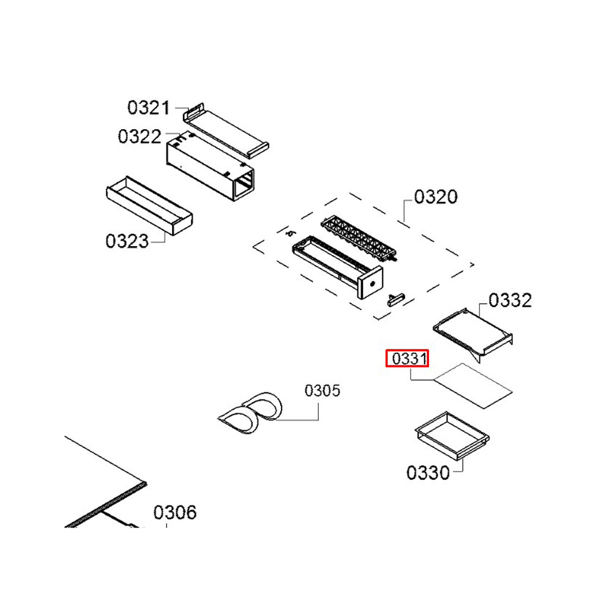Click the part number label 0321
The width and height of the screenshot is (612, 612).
148,108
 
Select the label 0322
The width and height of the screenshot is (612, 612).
140,136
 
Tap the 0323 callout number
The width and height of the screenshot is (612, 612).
127,241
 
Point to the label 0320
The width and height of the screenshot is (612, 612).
436,197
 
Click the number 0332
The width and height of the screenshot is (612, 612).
510,300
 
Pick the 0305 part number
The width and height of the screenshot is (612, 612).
323,390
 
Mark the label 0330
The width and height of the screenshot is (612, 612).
428,472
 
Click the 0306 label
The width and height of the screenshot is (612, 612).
175,512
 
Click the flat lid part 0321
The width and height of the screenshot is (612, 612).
226,130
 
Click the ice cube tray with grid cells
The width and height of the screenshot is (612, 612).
358,239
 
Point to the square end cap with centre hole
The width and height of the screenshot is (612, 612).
371,286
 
